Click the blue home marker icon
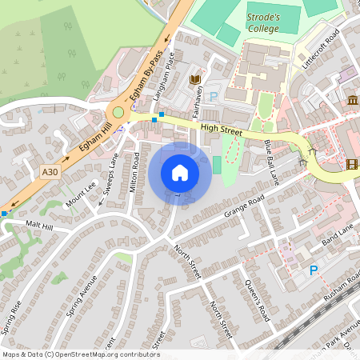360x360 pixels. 180,172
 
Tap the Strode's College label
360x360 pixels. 263,23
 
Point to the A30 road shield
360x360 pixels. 50,170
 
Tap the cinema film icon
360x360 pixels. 353,165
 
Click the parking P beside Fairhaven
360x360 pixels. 213,97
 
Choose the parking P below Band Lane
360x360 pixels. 314,271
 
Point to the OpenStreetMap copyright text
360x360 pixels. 81,354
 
